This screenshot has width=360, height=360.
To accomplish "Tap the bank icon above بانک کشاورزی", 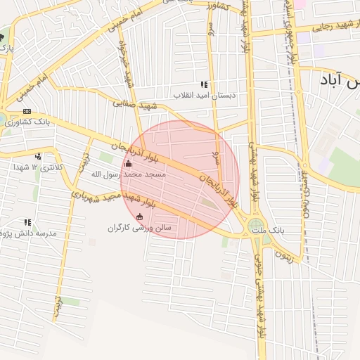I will pyautogui.click(x=27, y=111).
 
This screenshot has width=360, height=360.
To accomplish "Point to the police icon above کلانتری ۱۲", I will pyautogui.click(x=38, y=156).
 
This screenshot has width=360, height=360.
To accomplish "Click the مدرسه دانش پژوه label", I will pyautogui.click(x=29, y=233).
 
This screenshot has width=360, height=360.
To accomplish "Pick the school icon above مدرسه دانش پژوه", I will pyautogui.click(x=27, y=221).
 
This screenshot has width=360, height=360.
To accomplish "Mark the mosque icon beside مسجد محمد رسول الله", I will pyautogui.click(x=127, y=165).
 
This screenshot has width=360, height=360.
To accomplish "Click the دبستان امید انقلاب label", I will pyautogui.click(x=202, y=95).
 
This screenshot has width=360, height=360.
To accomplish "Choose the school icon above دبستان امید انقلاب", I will pyautogui.click(x=204, y=84).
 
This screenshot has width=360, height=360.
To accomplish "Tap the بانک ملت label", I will pyautogui.click(x=287, y=230).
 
